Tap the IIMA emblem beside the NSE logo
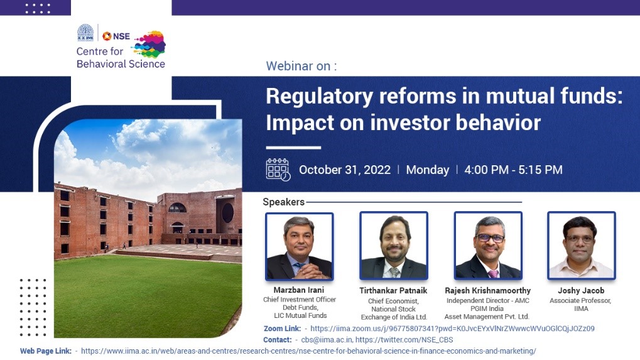click(85, 33)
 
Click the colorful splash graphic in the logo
click(149, 44)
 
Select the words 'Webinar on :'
click(301, 66)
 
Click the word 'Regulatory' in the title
click(319, 96)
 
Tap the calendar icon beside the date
click(278, 170)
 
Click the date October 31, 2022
click(345, 170)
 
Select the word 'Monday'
click(427, 170)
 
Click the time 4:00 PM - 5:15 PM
click(514, 170)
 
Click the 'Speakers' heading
click(284, 202)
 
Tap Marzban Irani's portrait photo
click(300, 246)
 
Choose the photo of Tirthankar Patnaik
click(394, 246)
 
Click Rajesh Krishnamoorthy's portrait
click(488, 246)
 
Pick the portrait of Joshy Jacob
click(582, 246)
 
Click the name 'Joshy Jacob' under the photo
click(581, 291)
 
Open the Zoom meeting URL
click(452, 329)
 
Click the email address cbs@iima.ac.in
click(327, 340)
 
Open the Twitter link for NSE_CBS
click(404, 340)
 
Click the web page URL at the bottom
click(308, 351)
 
